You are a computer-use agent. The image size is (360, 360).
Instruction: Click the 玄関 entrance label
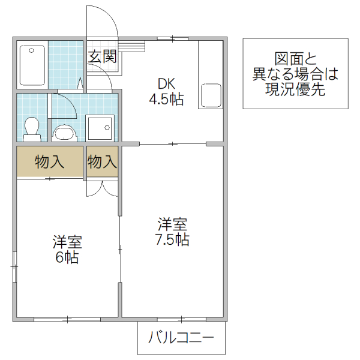point(103,57)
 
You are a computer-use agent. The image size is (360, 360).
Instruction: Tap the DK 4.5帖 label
point(166,92)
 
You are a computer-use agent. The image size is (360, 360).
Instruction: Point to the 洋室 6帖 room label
point(67,250)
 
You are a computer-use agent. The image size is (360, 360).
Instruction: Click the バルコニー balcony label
point(181,338)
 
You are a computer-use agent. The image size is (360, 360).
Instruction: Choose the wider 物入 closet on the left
point(50,161)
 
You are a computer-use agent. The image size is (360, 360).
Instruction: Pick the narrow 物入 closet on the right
point(102,161)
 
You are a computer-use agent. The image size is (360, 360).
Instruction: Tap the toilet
point(31,128)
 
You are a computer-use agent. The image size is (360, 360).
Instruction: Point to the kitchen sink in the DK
point(211,96)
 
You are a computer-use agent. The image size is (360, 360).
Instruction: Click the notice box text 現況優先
point(295,90)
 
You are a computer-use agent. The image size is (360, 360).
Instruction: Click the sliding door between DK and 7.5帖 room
point(173,144)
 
